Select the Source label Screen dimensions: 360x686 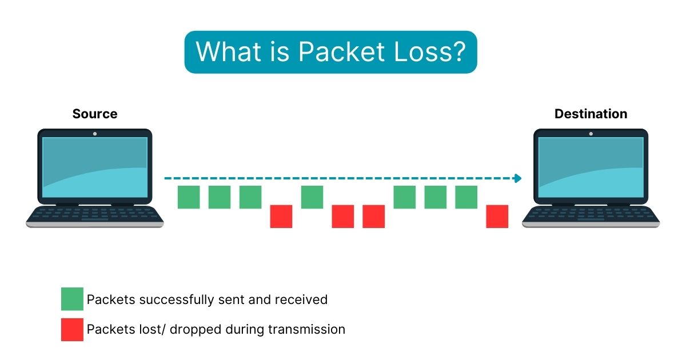pyautogui.click(x=95, y=114)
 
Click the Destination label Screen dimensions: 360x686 pyautogui.click(x=591, y=114)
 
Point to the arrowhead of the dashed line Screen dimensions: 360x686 pyautogui.click(x=518, y=178)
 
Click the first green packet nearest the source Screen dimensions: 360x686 pyautogui.click(x=189, y=197)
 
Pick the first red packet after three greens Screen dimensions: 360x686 pyautogui.click(x=281, y=217)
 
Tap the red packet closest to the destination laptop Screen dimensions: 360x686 pyautogui.click(x=497, y=217)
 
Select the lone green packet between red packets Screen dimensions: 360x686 pyautogui.click(x=312, y=197)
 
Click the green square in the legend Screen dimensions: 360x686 pyautogui.click(x=72, y=299)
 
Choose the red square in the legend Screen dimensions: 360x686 pyautogui.click(x=72, y=330)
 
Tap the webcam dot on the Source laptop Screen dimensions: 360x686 pyautogui.click(x=95, y=134)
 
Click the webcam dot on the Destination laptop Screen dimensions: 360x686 pyautogui.click(x=591, y=134)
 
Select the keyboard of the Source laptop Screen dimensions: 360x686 pyautogui.click(x=95, y=214)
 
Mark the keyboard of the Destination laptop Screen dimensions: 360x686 pyautogui.click(x=591, y=214)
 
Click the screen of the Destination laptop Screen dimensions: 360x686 pyautogui.click(x=591, y=166)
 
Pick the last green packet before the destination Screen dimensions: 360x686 pyautogui.click(x=466, y=197)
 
